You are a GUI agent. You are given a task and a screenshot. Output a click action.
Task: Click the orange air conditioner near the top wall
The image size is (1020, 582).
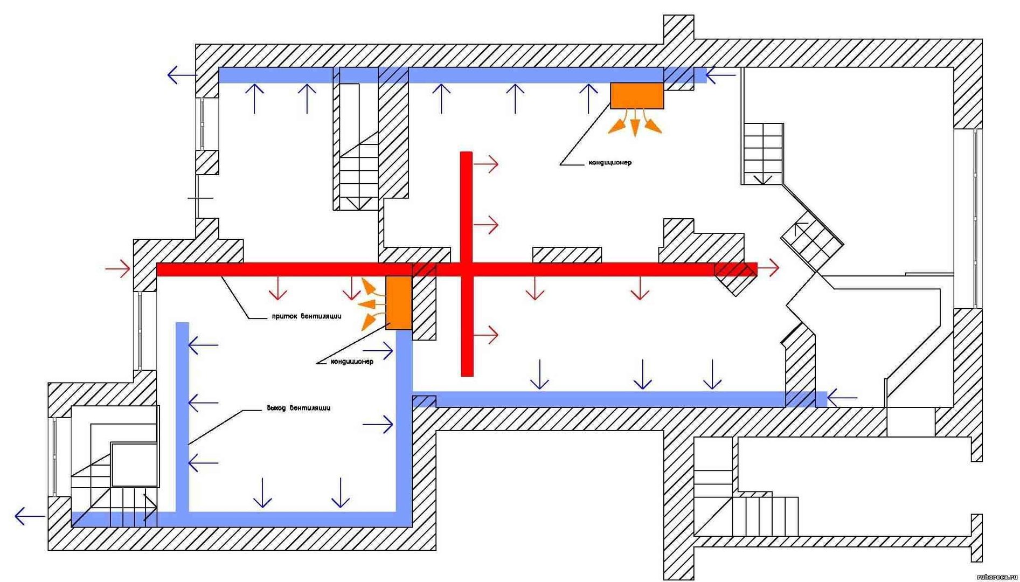(636, 95)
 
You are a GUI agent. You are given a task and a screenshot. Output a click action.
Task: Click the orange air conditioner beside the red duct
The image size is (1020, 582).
(399, 302)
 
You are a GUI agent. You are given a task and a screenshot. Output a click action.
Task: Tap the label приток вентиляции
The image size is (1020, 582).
(306, 316)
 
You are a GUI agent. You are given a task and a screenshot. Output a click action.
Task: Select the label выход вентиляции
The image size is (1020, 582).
(299, 407)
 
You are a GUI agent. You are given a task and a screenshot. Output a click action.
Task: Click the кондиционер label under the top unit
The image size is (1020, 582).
(610, 162)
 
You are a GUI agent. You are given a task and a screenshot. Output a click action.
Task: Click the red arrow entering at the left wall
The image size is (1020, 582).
(118, 267)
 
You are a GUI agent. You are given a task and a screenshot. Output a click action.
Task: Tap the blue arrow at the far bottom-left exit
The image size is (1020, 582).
(30, 516)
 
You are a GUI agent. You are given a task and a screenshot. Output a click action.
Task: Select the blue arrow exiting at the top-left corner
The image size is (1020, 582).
(182, 75)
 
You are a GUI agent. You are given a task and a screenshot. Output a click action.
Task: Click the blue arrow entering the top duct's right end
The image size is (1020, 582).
(720, 75)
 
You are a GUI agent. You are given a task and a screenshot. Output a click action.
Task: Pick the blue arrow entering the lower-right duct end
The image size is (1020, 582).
(842, 399)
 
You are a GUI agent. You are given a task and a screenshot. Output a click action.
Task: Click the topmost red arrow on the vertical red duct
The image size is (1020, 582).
(486, 163)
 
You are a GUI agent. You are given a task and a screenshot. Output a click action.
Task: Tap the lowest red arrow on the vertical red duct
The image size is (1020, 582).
(486, 335)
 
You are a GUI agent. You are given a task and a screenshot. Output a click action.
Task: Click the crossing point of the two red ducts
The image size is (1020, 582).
(467, 269)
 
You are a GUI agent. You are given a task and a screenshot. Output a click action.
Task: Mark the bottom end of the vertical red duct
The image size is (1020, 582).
(467, 375)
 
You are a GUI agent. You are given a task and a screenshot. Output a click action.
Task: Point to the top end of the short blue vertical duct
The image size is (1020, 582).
(183, 323)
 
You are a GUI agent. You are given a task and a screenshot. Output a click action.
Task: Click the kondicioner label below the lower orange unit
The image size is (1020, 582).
(352, 361)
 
